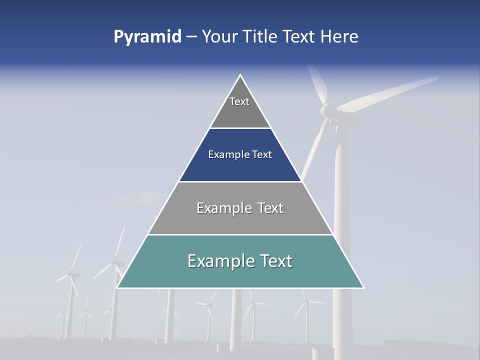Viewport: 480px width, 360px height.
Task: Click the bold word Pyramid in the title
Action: click(147, 37)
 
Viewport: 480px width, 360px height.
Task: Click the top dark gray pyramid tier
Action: click(240, 112)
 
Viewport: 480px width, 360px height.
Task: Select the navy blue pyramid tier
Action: click(240, 167)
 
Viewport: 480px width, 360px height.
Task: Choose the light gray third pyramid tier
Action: click(240, 220)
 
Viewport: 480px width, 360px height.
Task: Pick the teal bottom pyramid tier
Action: click(240, 275)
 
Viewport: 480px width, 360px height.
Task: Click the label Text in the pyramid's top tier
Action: click(239, 101)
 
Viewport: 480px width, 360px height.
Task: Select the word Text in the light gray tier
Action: click(267, 208)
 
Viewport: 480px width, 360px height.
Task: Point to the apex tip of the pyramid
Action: click(240, 76)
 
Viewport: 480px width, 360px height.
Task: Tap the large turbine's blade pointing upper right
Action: click(390, 92)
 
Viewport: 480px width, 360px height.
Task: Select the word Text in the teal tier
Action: click(274, 261)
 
